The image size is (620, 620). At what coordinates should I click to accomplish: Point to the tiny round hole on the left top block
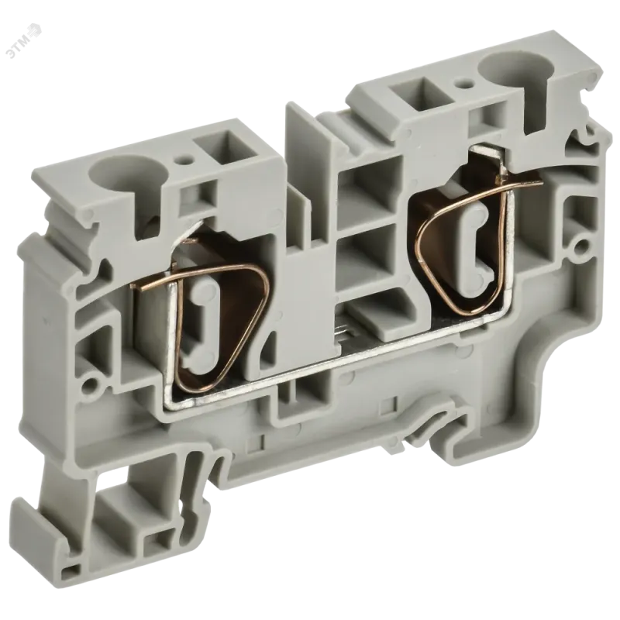pyautogui.click(x=182, y=161)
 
